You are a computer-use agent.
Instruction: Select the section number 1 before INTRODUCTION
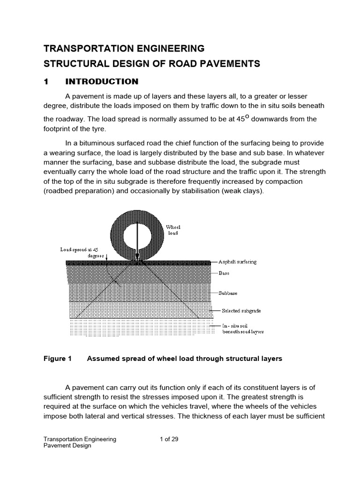tap(46, 82)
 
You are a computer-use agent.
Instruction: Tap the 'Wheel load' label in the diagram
tap(173, 230)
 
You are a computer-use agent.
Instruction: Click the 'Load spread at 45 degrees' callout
tap(80, 253)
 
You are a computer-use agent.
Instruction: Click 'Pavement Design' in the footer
tap(67, 446)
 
